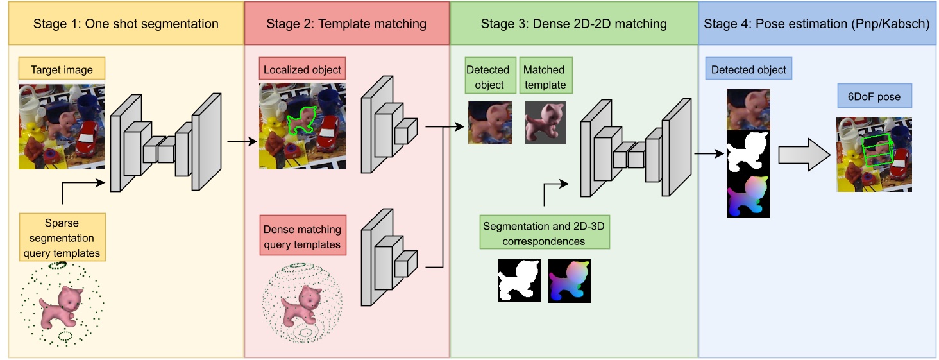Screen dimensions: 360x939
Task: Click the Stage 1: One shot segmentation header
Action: click(x=126, y=24)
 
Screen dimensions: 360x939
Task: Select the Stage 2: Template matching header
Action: click(x=346, y=24)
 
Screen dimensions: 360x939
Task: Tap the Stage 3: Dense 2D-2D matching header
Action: click(x=573, y=24)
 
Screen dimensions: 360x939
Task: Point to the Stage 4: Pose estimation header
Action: click(x=816, y=24)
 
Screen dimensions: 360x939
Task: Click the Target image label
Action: click(x=62, y=70)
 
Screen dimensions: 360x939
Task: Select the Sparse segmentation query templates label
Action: click(x=63, y=238)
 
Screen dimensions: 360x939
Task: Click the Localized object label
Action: click(x=301, y=70)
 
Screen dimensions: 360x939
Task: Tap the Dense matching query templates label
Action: click(x=301, y=237)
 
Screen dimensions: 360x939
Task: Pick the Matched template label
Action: click(x=545, y=77)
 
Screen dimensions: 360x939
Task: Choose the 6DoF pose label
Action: click(x=875, y=98)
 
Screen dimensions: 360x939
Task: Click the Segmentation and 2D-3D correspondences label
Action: click(x=544, y=234)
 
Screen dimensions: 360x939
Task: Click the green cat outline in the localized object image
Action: click(x=301, y=120)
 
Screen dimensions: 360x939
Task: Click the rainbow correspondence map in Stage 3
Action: click(x=570, y=280)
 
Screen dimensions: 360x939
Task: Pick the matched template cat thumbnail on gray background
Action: click(x=545, y=123)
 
